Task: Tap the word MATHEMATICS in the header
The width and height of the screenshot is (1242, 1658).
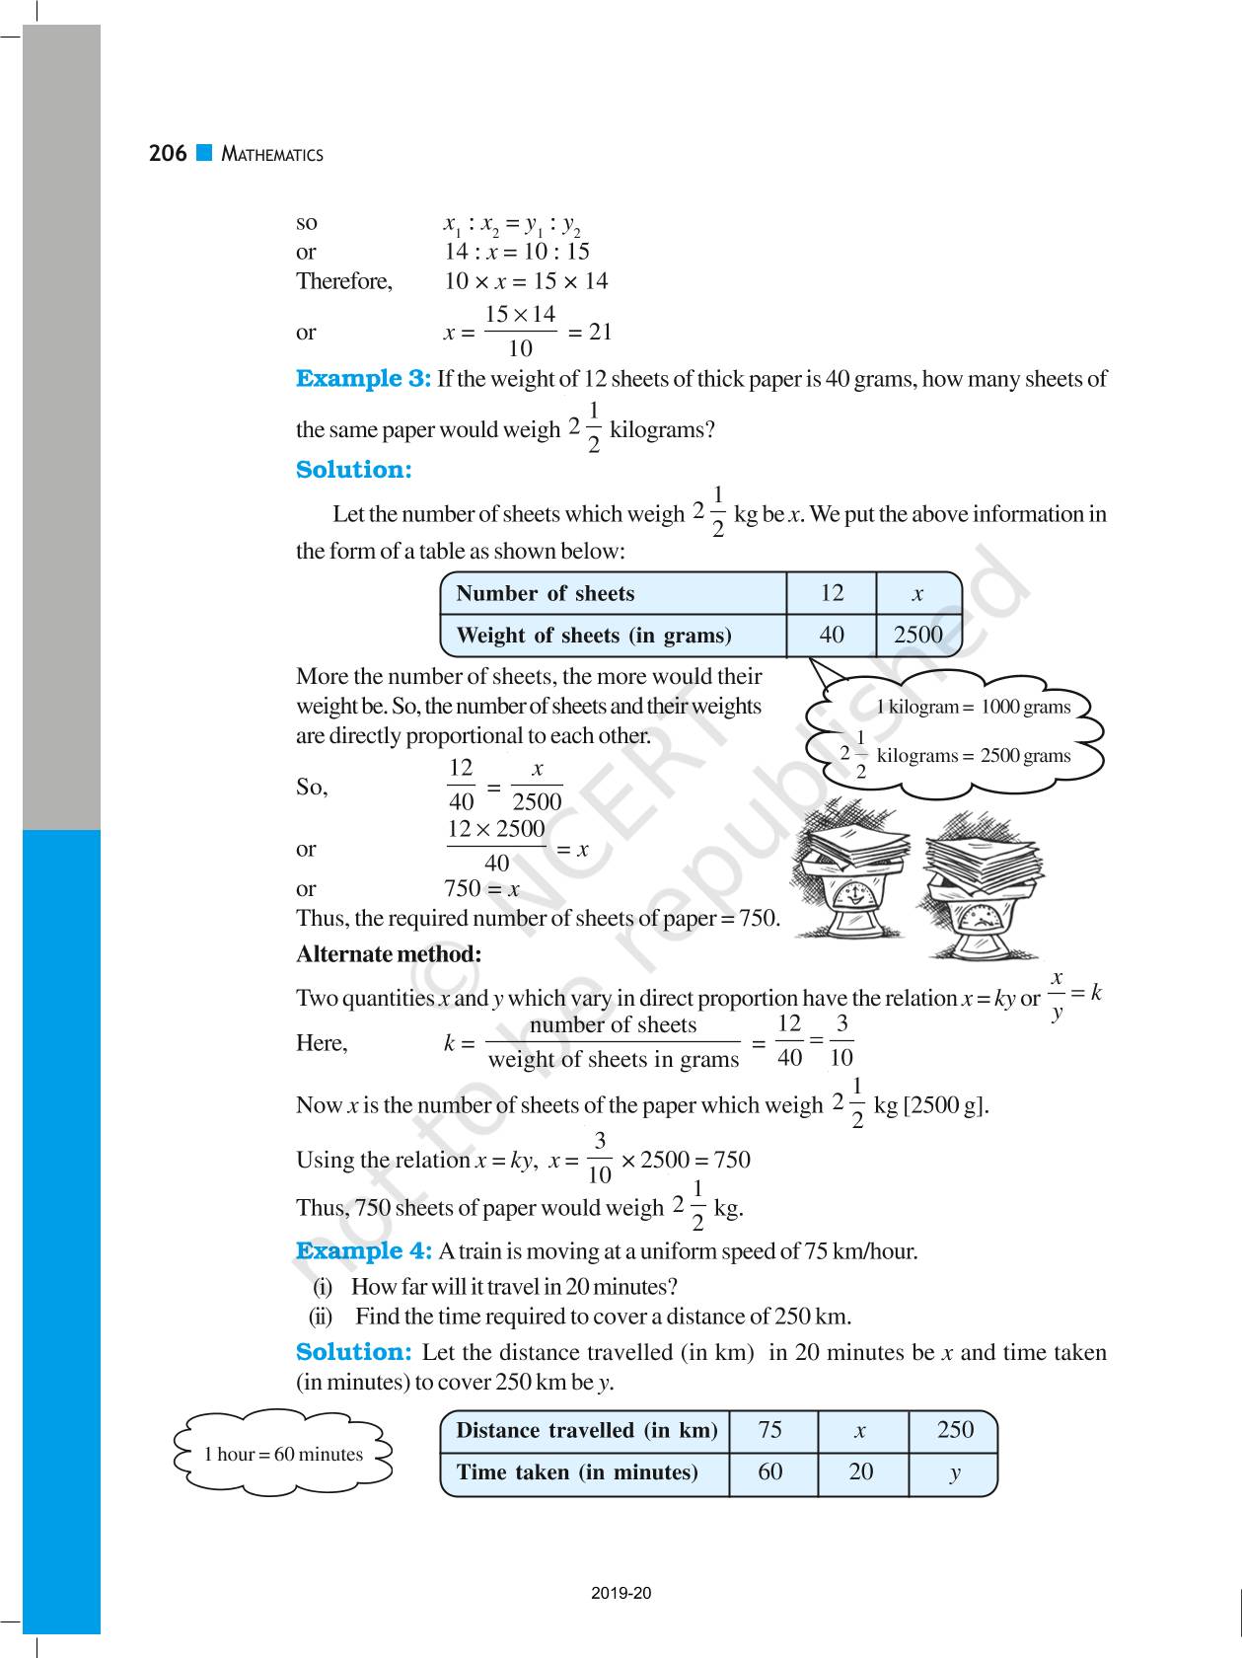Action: [x=272, y=154]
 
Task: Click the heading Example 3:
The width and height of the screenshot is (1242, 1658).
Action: [x=363, y=379]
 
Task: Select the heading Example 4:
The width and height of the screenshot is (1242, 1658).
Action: [x=363, y=1251]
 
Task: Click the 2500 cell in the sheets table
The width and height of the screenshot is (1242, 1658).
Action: [x=917, y=635]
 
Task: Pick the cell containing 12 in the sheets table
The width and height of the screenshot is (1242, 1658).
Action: [x=832, y=593]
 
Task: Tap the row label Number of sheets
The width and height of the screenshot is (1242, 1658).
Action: [x=545, y=593]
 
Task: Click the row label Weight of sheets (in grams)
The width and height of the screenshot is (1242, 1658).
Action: [x=593, y=636]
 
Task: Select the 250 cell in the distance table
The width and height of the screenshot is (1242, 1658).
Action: [x=954, y=1430]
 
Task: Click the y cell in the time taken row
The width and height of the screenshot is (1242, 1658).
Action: [x=954, y=1472]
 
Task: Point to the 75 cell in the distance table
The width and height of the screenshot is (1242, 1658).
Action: [x=770, y=1430]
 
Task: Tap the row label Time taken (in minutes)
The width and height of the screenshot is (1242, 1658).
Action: [x=576, y=1472]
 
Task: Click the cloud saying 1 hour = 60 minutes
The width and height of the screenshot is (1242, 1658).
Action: [x=283, y=1454]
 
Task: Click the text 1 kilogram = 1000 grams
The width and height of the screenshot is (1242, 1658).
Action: [x=973, y=707]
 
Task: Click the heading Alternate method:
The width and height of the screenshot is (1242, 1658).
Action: [x=389, y=954]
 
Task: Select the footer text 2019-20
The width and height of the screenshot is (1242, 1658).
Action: [x=621, y=1593]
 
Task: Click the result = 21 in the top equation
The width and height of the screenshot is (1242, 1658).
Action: [x=590, y=333]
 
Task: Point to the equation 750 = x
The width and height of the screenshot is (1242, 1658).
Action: [x=481, y=888]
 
